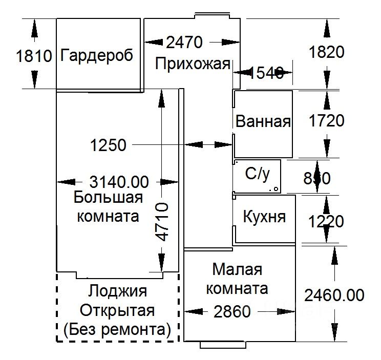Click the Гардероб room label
click(x=96, y=55)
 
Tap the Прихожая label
click(x=193, y=65)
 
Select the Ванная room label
click(x=263, y=122)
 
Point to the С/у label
click(x=257, y=175)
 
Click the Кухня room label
click(x=264, y=217)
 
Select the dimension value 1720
click(x=327, y=121)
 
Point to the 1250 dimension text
click(x=108, y=145)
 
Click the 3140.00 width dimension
click(x=119, y=181)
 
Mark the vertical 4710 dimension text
click(x=162, y=221)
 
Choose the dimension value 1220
click(x=327, y=222)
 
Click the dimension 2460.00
click(x=334, y=295)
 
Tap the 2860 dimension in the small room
click(x=232, y=311)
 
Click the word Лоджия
click(x=117, y=291)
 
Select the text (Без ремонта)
click(x=117, y=329)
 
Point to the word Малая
click(x=237, y=269)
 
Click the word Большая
click(x=108, y=197)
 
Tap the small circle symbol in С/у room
click(x=276, y=189)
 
